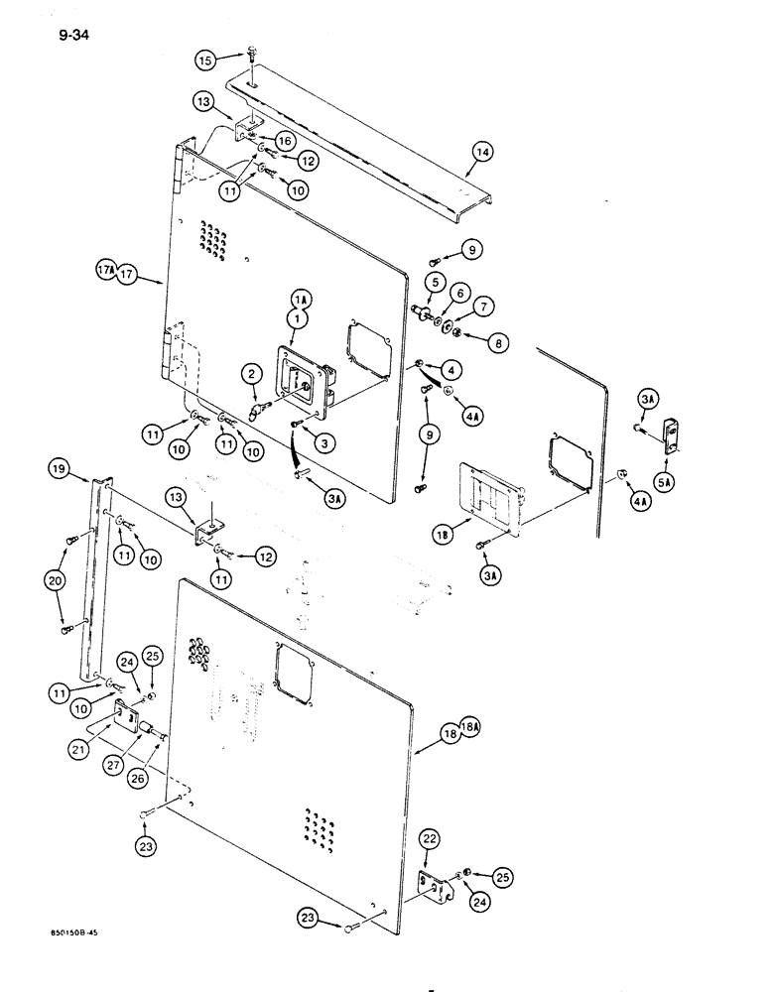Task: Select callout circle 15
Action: click(204, 62)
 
